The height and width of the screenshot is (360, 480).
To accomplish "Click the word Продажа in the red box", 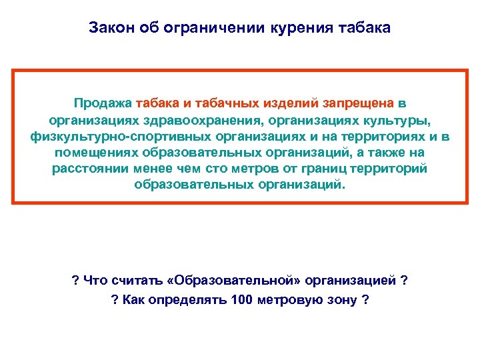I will [103, 103].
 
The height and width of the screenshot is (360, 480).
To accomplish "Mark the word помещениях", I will [91, 153].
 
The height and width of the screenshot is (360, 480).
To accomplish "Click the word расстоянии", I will [87, 169].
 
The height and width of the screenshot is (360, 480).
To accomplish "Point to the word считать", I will [131, 280].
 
